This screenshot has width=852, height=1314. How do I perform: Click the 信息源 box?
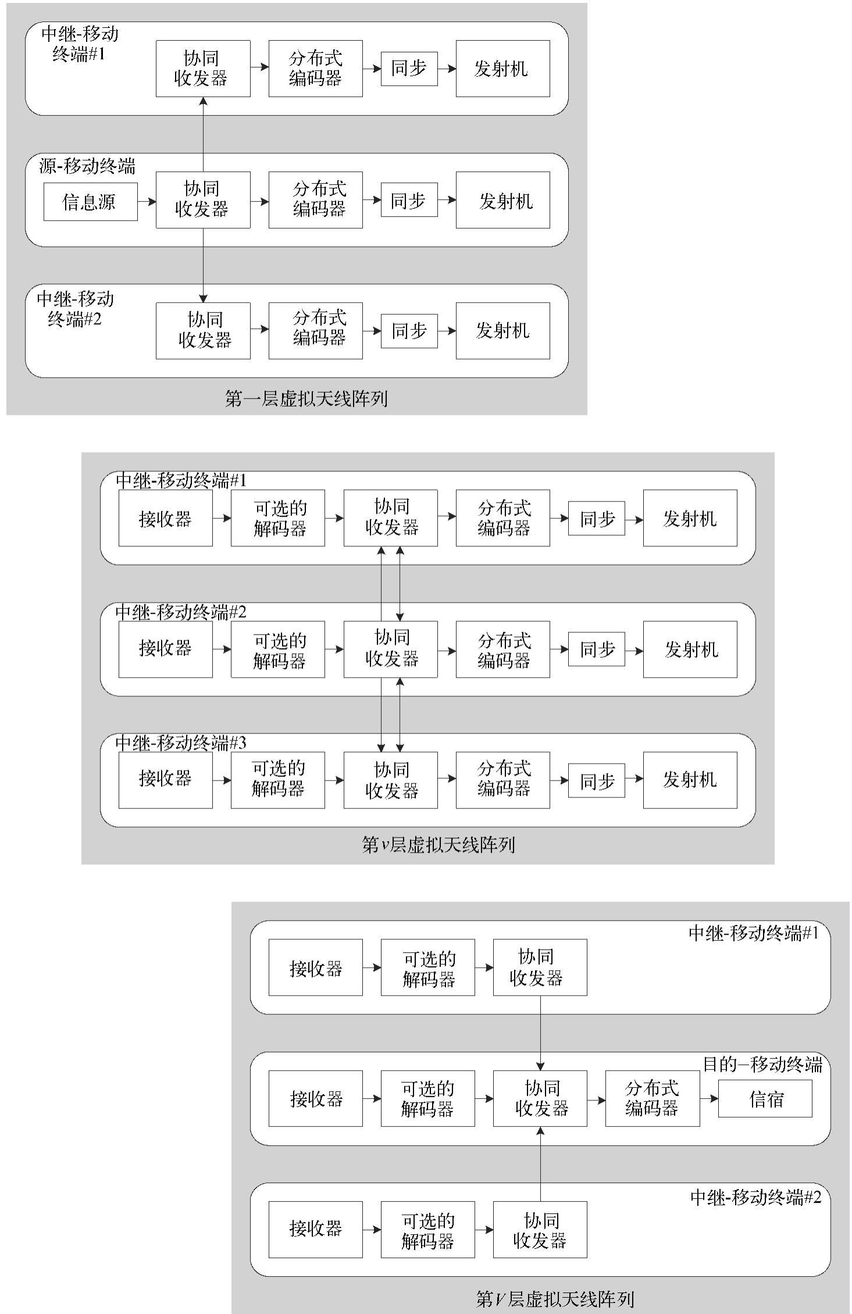90,202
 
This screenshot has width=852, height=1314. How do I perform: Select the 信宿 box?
765,1099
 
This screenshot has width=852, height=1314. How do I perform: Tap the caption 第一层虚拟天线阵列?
306,398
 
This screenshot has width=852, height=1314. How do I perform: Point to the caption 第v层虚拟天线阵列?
439,845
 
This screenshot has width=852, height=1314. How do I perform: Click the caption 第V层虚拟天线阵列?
554,1298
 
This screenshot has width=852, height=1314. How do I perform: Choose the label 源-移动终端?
87,166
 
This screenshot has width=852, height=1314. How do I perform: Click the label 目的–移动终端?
762,1064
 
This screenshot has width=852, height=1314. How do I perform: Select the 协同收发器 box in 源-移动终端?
203,200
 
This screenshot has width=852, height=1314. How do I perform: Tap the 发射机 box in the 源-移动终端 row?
502,200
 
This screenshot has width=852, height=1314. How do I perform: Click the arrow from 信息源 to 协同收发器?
147,202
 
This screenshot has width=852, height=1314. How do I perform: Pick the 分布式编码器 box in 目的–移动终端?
652,1098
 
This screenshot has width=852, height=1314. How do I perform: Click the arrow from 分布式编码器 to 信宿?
709,1099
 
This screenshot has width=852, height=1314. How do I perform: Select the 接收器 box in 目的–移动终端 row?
315,1098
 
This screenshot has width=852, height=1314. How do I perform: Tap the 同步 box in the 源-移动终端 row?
409,200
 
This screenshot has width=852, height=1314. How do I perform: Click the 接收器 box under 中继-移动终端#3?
165,779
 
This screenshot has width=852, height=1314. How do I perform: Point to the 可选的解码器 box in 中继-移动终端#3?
277,779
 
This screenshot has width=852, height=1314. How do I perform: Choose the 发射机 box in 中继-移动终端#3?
690,779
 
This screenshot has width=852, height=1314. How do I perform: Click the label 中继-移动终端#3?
181,743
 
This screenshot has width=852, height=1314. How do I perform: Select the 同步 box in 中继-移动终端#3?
596,780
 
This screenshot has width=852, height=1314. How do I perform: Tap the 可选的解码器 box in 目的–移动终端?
427,1098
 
